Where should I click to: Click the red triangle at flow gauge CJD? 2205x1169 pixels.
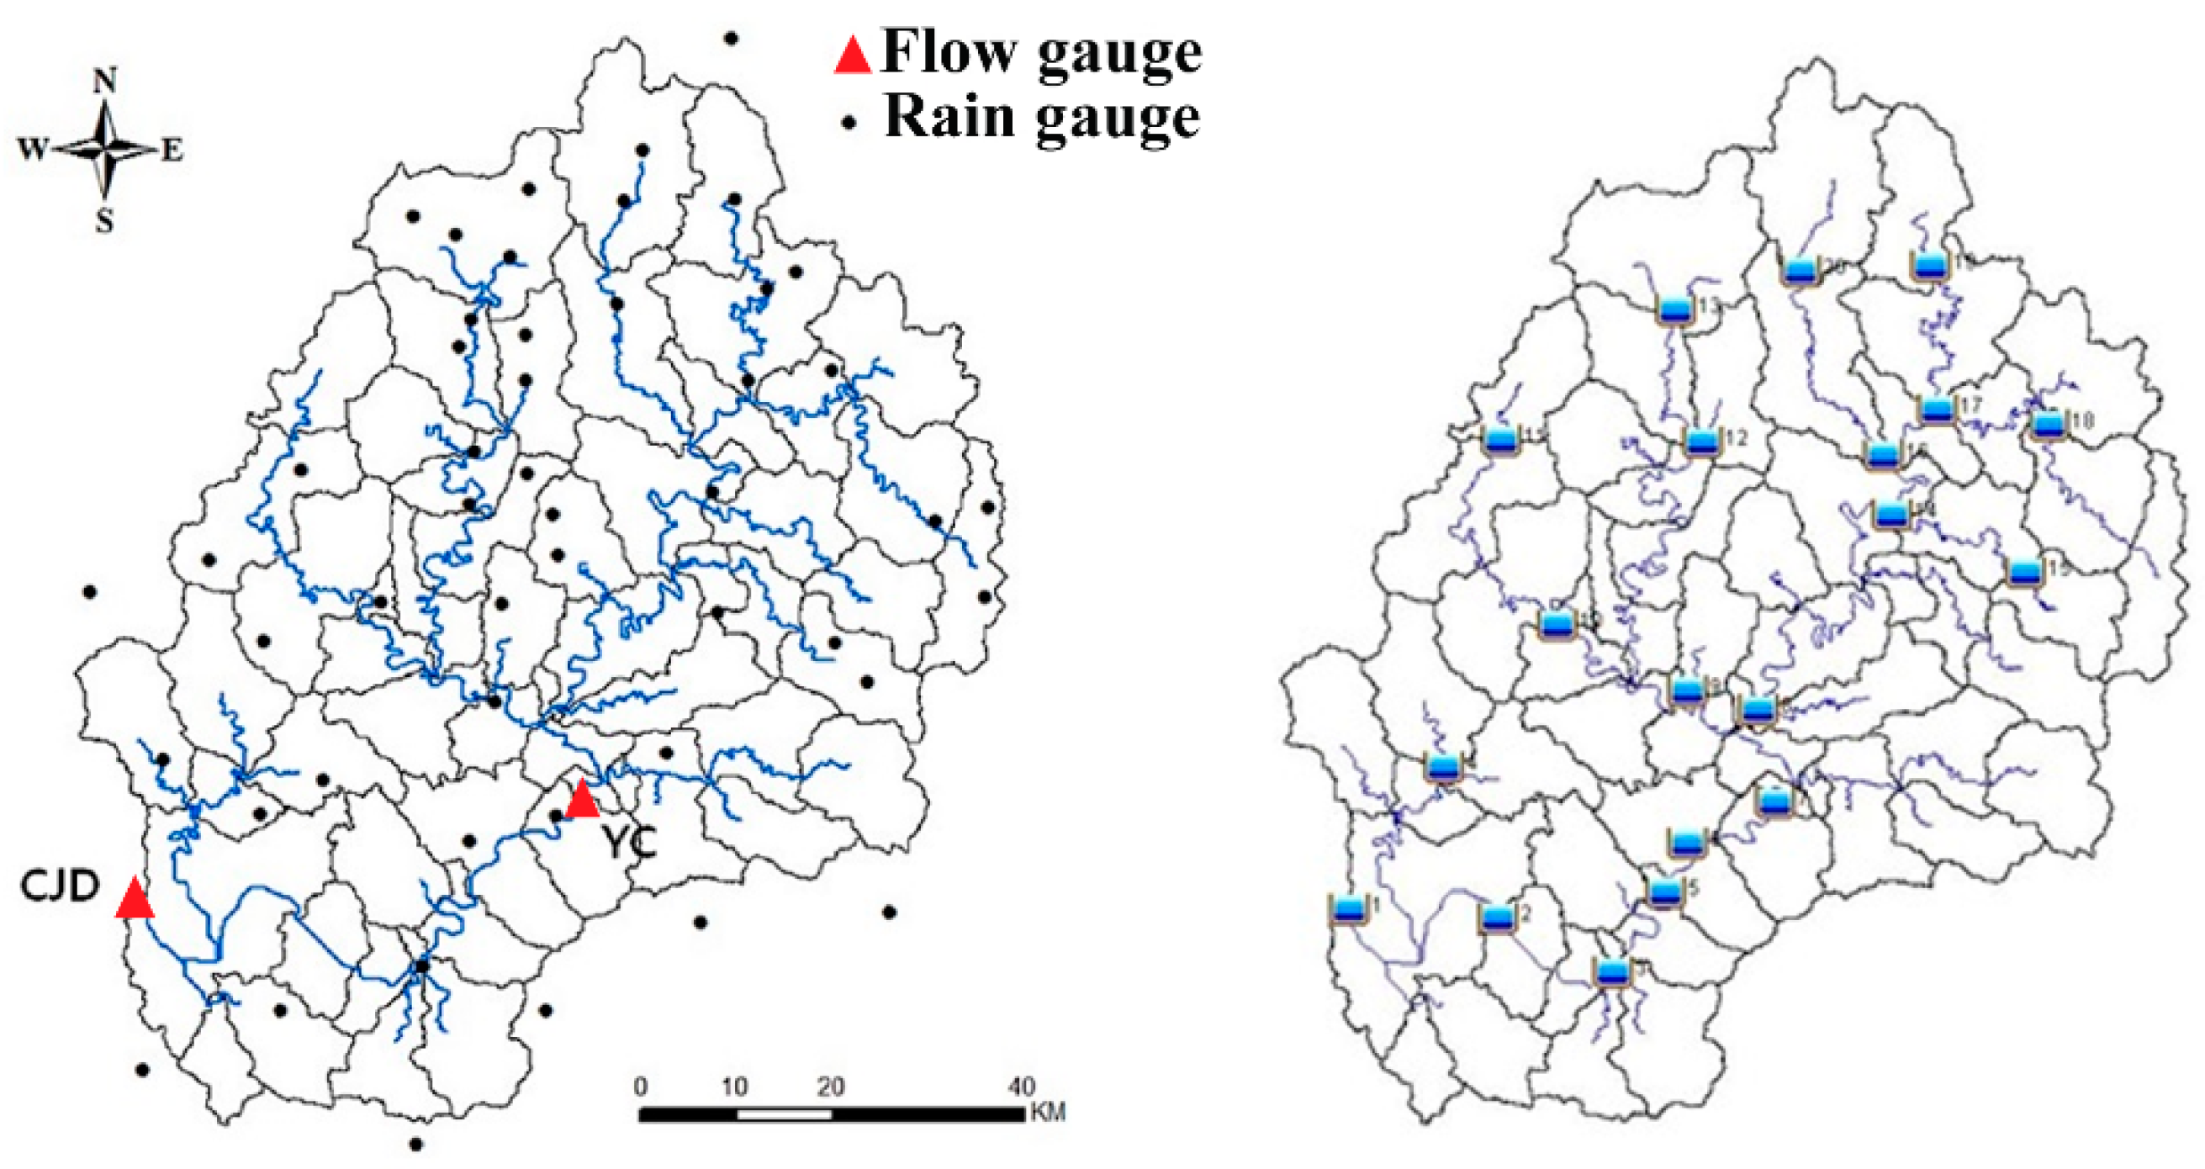[135, 899]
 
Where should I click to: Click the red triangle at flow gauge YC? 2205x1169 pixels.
[582, 799]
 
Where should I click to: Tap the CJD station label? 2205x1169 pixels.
[61, 886]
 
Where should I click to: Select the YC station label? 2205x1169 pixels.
[632, 843]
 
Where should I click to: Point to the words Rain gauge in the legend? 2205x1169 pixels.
[1041, 118]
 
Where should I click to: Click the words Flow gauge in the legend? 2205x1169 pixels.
[1041, 53]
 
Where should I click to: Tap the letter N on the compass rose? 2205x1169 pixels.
[104, 82]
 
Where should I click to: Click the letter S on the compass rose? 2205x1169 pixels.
[104, 222]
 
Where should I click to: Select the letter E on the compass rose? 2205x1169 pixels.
[173, 151]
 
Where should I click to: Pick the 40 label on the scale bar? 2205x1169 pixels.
[1021, 1087]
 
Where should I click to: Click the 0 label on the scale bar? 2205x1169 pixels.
[641, 1087]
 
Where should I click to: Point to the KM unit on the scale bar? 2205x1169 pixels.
[1049, 1113]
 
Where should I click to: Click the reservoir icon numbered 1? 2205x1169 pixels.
[1346, 909]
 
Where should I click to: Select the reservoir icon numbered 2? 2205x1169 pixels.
[1496, 918]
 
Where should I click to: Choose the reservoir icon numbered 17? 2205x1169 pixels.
[1936, 410]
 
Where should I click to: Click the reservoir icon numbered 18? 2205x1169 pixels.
[2049, 425]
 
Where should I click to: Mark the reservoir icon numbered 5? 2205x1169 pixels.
[1665, 892]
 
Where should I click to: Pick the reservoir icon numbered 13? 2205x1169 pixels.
[1674, 309]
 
